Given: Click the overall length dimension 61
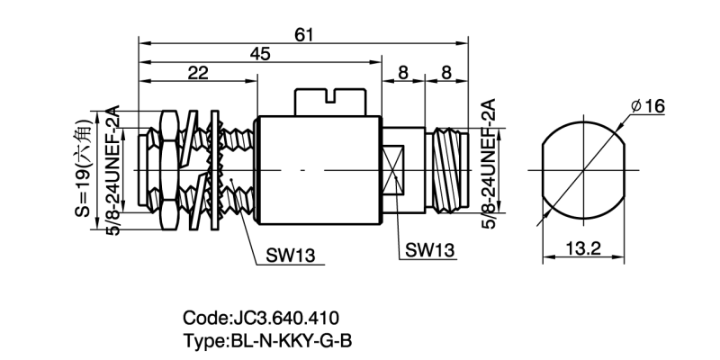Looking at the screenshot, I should click(304, 33).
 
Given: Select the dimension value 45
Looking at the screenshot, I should click(260, 54).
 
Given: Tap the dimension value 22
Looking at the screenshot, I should click(199, 74).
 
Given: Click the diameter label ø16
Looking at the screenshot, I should click(648, 107).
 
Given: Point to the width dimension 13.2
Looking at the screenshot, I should click(583, 249).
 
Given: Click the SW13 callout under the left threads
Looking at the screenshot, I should click(290, 255).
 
